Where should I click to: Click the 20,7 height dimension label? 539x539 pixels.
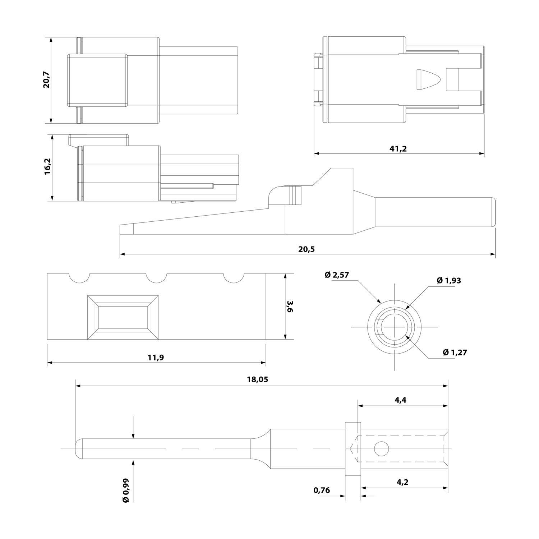[47, 80]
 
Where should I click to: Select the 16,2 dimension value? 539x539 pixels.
[48, 167]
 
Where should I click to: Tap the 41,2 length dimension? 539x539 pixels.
[398, 148]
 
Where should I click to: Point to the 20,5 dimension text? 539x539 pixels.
[306, 249]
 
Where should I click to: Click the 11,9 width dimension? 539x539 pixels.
[156, 357]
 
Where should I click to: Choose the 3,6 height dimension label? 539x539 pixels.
[290, 307]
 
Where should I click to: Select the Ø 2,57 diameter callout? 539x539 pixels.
[337, 275]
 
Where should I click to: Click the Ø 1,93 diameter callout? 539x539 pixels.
[449, 281]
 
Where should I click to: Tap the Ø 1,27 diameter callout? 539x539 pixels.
[455, 353]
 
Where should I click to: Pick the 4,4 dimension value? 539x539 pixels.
[400, 400]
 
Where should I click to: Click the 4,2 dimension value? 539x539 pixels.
[402, 482]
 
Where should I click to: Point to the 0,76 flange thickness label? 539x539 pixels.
[322, 490]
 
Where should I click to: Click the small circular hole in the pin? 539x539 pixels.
[382, 449]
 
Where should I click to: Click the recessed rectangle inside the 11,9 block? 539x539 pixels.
[123, 317]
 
